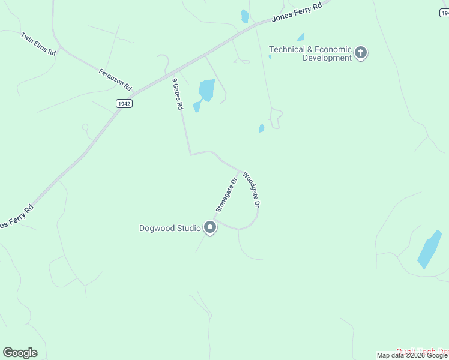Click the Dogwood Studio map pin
coord(210,228)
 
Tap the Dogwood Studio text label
coord(170,228)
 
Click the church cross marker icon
coord(361,53)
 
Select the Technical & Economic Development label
coord(310,53)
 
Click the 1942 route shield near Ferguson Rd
coord(124,103)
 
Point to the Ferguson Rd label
coord(115,79)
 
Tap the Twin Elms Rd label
coord(38,44)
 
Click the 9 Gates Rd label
coord(177,94)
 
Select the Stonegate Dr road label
coord(227,194)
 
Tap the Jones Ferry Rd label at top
coord(297,11)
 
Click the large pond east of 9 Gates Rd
coord(206,90)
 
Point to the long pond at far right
coord(429,249)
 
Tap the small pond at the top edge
coord(244,16)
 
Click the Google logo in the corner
coord(20,352)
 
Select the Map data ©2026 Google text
coord(412,355)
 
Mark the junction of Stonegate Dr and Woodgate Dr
coord(242,170)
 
